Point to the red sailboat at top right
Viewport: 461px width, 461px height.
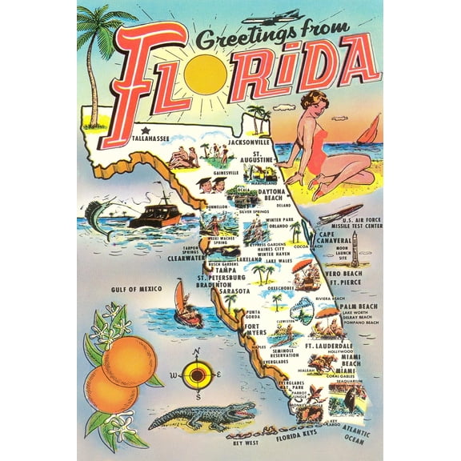(371, 130)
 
